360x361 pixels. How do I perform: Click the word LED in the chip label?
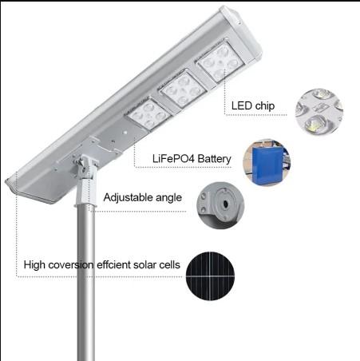pos(242,105)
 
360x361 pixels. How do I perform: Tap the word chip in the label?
pos(264,106)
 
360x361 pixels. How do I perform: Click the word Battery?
pos(215,159)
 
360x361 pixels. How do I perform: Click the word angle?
pos(169,198)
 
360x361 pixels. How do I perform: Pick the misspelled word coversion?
pos(71,265)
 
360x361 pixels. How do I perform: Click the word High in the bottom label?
pos(34,265)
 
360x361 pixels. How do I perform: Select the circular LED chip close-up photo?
pos(319,113)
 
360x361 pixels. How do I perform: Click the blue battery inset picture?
pos(267,162)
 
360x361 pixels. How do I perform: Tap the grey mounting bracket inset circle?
pos(220,205)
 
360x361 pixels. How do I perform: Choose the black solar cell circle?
pos(210,276)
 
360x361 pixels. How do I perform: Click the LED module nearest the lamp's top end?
pos(220,62)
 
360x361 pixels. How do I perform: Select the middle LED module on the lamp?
pos(184,89)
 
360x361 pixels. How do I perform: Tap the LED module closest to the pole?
pos(149,114)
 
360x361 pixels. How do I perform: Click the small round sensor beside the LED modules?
pos(125,133)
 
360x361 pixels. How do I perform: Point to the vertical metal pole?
pos(86,283)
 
